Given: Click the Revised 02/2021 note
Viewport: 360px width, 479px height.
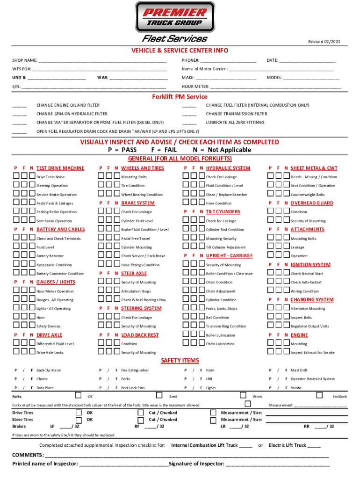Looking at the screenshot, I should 324,42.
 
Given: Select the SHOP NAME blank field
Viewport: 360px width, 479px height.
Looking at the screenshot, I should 102,61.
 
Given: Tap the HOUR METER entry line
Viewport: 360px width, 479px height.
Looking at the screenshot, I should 275,87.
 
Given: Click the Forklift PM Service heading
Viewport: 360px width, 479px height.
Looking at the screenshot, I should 180,97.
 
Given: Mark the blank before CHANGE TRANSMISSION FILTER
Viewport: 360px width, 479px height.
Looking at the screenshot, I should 189,114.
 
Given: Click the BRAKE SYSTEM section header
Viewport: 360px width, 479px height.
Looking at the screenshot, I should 138,203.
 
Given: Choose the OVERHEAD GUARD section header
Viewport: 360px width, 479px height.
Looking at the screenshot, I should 312,203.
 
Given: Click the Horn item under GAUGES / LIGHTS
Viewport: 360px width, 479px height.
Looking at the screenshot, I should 41,318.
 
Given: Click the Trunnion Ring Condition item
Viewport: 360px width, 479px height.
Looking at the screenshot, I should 226,327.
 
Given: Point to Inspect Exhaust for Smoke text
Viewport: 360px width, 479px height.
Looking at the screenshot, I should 312,353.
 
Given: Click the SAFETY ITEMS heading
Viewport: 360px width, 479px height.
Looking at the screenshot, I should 180,361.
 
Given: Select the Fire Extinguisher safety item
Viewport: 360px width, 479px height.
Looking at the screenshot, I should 135,370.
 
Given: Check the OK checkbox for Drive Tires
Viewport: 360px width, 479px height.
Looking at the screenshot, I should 79,413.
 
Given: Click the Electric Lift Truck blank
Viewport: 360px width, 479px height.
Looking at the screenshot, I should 314,445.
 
